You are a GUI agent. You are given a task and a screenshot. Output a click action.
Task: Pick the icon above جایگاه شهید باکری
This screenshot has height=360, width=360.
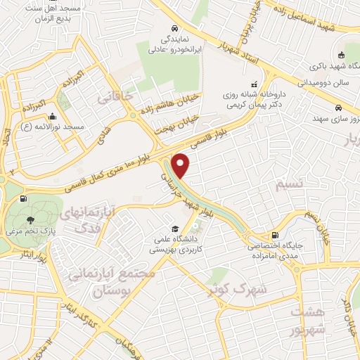[340, 56]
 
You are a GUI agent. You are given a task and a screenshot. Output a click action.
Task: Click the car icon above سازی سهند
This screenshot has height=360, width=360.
[339, 109]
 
